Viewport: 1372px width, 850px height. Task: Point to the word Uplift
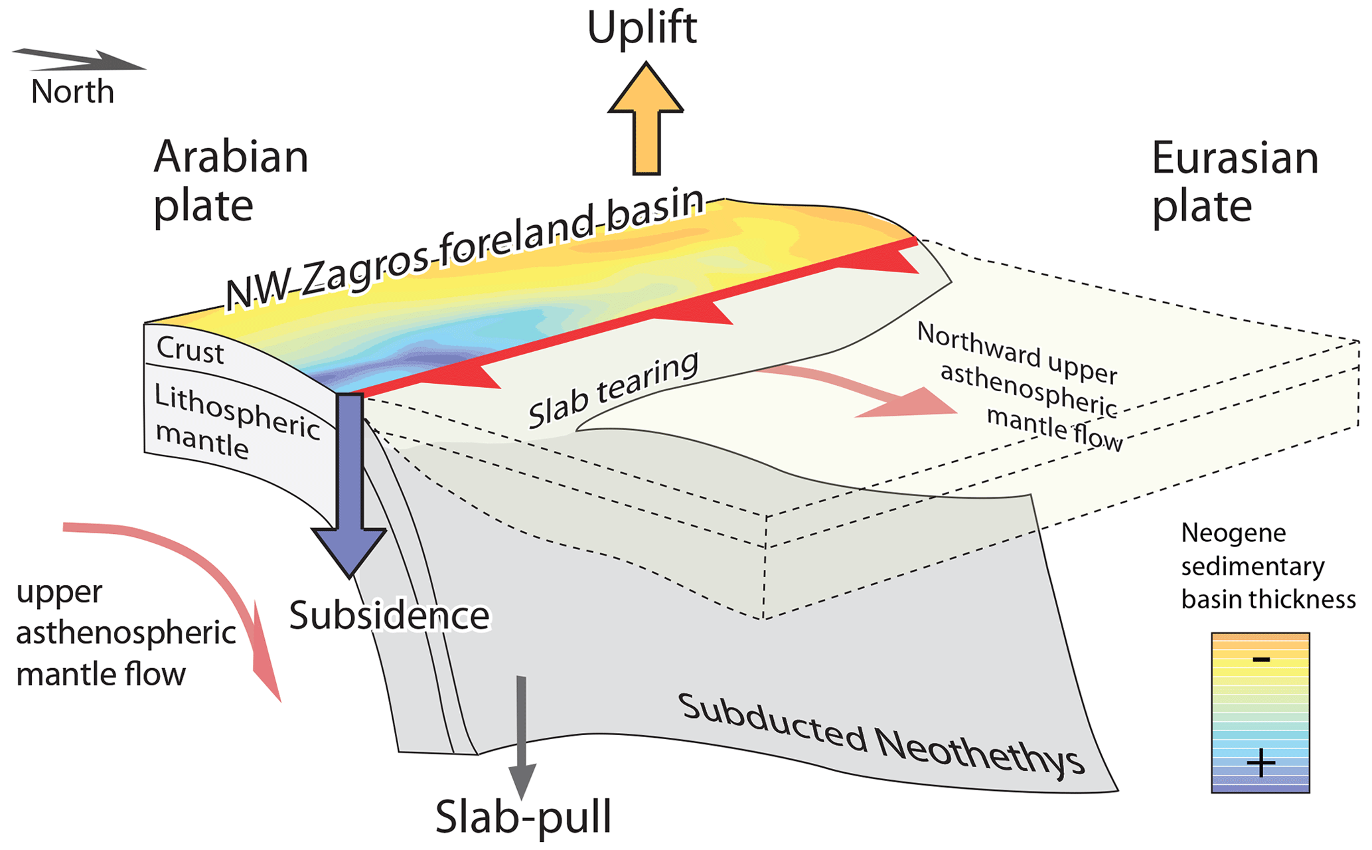click(x=642, y=28)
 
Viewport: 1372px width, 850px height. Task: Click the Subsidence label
click(x=390, y=616)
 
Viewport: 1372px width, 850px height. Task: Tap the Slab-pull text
click(x=523, y=817)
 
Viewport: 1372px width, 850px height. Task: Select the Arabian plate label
click(x=230, y=181)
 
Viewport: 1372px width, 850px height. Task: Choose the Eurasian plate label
click(x=1235, y=182)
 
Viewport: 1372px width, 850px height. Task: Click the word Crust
click(x=191, y=350)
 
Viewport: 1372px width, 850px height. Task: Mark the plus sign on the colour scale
click(x=1260, y=763)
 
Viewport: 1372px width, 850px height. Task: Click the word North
click(x=72, y=92)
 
